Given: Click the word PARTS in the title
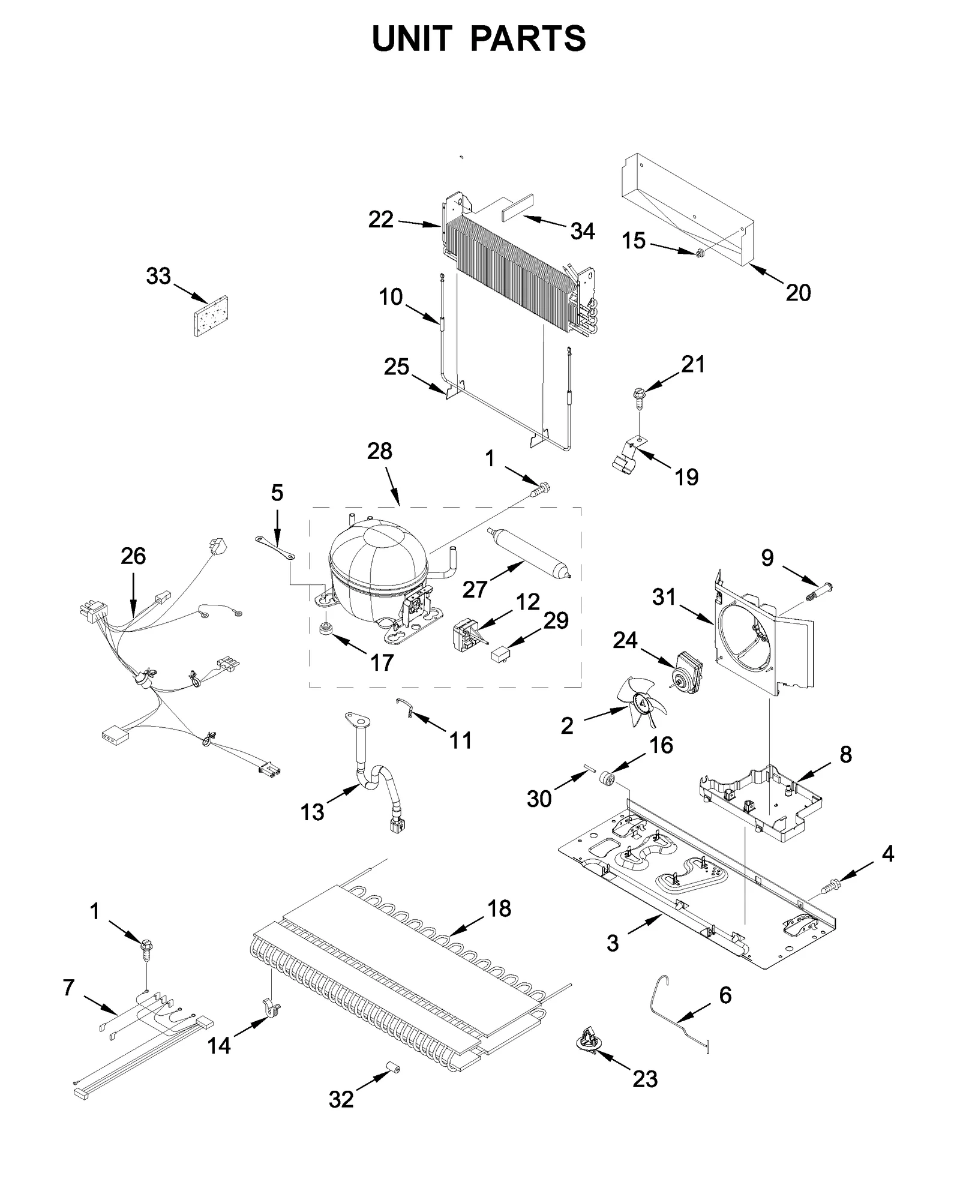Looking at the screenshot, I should [x=527, y=39].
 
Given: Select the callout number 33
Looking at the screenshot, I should [x=158, y=277].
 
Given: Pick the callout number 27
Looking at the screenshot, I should [x=474, y=590].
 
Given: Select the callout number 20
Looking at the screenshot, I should [x=797, y=293].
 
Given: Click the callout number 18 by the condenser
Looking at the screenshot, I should [x=499, y=908].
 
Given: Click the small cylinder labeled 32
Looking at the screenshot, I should [x=394, y=1067].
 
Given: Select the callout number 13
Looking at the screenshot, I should [x=312, y=812].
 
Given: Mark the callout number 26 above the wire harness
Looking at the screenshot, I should [x=133, y=556].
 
